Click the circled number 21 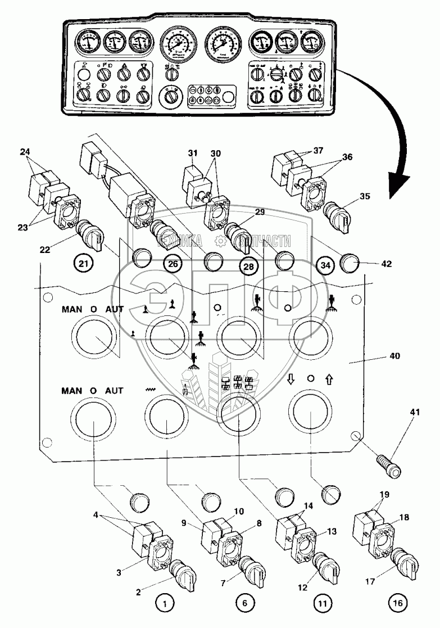click(82, 263)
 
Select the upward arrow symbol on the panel click(330, 380)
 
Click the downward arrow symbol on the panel click(291, 380)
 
